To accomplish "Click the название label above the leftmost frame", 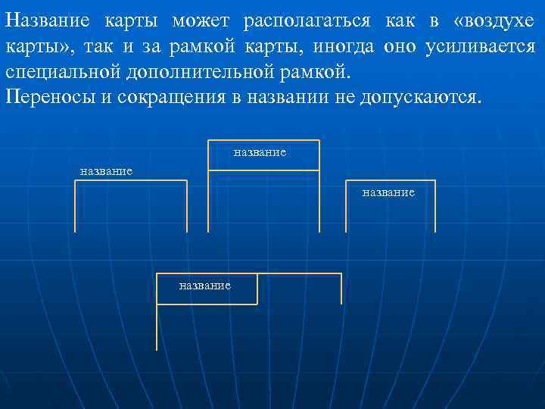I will [x=106, y=170].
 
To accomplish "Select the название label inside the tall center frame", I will [x=260, y=152].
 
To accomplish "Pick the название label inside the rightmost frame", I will [x=388, y=192].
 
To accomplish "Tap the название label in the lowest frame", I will [x=204, y=285].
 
